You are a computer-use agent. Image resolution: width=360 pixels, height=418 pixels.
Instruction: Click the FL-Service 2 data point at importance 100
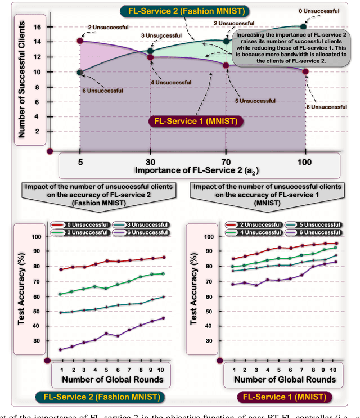pyautogui.click(x=304, y=26)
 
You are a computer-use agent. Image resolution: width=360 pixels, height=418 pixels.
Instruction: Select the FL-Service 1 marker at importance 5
pyautogui.click(x=80, y=41)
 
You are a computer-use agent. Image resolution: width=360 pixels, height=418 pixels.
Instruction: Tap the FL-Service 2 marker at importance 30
pyautogui.click(x=150, y=51)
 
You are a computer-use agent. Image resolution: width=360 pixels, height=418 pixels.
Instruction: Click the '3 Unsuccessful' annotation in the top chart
pyautogui.click(x=154, y=35)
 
